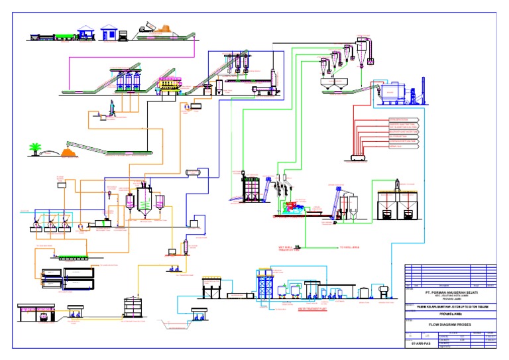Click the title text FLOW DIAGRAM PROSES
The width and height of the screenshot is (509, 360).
tap(450, 326)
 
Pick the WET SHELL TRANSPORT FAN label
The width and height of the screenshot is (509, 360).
tap(289, 249)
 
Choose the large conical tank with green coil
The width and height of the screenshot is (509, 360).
tap(143, 198)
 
